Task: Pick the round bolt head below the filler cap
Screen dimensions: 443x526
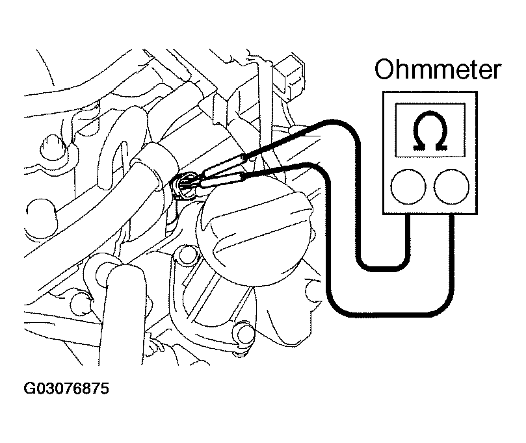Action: (x=244, y=334)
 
